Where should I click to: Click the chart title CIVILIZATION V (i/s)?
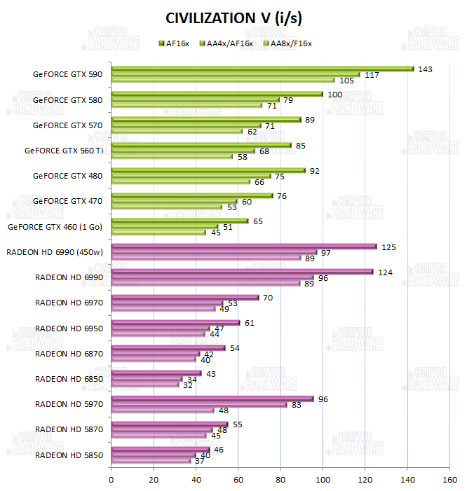click(x=233, y=18)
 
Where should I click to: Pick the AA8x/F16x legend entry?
click(x=287, y=43)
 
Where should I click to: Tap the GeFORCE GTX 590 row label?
click(x=67, y=74)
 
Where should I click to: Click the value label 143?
click(x=424, y=69)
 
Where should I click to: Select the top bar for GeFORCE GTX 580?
click(x=217, y=94)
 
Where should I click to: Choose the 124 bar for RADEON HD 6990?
click(x=242, y=272)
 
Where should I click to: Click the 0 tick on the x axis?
click(x=111, y=480)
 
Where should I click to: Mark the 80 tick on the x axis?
click(x=280, y=480)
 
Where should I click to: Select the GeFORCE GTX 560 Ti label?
click(x=63, y=150)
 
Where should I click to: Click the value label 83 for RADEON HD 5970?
click(x=297, y=405)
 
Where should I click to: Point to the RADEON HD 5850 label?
click(x=69, y=455)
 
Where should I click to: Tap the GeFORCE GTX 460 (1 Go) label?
click(x=55, y=226)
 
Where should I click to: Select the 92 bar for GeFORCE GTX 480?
click(x=208, y=170)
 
